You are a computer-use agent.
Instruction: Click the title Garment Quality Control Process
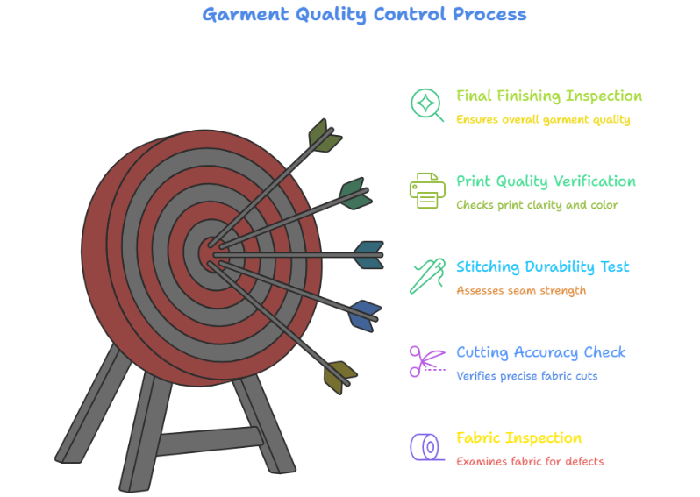tap(364, 14)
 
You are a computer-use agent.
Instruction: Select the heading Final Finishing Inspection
tap(548, 96)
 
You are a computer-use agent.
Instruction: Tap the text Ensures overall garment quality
tap(543, 119)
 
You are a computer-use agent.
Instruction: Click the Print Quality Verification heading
tap(546, 181)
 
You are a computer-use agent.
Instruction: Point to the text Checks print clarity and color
tap(537, 205)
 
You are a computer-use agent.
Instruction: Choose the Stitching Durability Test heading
tap(542, 266)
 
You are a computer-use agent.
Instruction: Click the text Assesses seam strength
tap(521, 290)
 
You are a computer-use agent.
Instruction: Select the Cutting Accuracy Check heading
tap(540, 352)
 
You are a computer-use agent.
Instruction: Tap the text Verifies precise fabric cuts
tap(526, 376)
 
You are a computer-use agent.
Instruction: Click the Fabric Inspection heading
tap(518, 437)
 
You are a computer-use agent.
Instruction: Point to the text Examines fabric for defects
tap(530, 461)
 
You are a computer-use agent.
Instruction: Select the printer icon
tap(427, 190)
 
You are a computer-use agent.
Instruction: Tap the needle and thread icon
tap(427, 275)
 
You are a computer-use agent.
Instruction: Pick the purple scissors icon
tap(427, 360)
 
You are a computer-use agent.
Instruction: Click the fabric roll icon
tap(427, 446)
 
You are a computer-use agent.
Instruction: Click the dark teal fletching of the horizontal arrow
tap(368, 255)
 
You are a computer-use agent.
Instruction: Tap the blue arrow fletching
tap(364, 315)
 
